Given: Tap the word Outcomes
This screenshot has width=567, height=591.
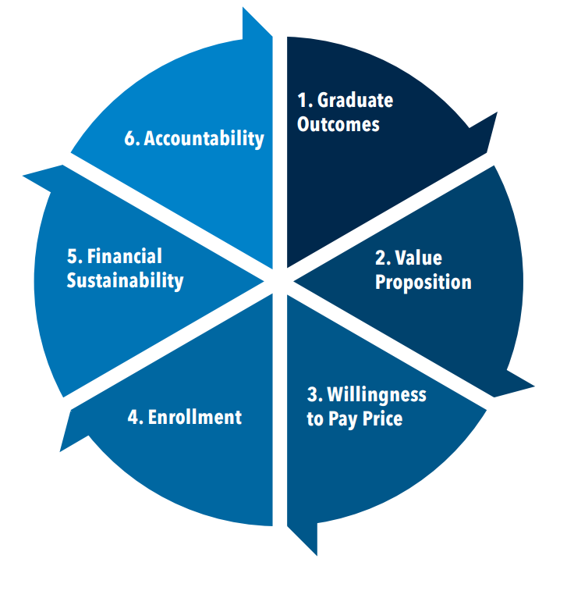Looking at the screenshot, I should tap(338, 124).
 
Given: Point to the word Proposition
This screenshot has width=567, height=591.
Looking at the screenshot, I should tap(423, 282).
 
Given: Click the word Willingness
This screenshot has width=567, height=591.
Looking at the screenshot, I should tap(377, 395).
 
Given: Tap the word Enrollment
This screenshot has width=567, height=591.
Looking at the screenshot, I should tap(195, 417).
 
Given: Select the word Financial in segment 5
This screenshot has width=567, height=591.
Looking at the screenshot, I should tap(125, 257).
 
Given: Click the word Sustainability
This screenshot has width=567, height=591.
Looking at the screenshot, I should tap(125, 280).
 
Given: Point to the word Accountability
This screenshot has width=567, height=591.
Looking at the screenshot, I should tap(204, 140).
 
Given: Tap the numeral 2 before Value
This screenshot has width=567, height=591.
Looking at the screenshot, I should tap(380, 258).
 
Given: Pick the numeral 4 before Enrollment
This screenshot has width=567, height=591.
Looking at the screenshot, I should tap(133, 417).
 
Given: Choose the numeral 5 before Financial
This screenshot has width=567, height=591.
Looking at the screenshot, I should tap(72, 257).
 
